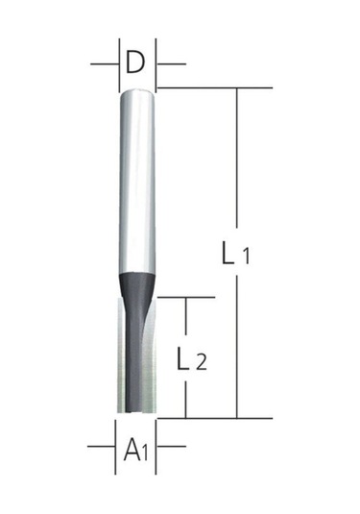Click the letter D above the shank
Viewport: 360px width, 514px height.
tap(136, 64)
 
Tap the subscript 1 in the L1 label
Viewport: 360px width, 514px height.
tap(246, 257)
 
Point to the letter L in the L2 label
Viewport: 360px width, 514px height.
tap(181, 361)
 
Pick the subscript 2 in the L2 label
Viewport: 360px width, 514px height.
tap(200, 363)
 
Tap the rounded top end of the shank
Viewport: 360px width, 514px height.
tap(136, 91)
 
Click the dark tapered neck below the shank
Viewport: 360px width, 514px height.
tap(136, 283)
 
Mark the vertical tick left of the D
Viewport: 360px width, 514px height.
tap(118, 63)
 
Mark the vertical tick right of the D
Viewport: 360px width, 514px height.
tap(157, 63)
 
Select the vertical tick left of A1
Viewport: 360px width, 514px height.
tap(115, 447)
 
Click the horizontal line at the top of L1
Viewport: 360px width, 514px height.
tap(216, 87)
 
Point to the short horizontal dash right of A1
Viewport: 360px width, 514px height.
tap(173, 447)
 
